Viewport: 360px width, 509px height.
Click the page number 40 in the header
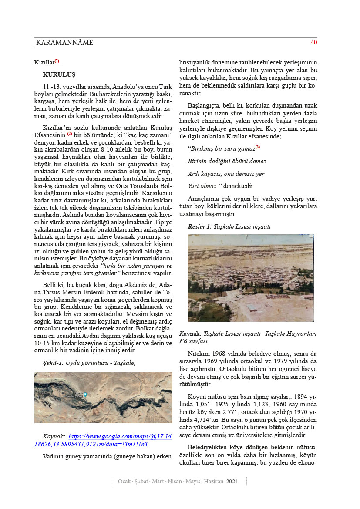pos(313,43)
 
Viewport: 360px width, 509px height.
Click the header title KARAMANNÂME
pos(64,43)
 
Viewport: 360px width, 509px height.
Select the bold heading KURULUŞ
pos(59,74)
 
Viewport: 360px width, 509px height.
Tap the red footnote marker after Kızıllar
pos(57,61)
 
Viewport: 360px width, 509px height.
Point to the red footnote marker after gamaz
pos(257,148)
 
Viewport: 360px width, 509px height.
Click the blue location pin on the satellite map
pos(85,394)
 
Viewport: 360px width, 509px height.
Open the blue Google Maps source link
pos(104,440)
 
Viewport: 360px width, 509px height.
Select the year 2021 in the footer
pos(232,481)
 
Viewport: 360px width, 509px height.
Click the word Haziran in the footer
pos(213,481)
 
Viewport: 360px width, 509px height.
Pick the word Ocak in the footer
pos(125,481)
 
